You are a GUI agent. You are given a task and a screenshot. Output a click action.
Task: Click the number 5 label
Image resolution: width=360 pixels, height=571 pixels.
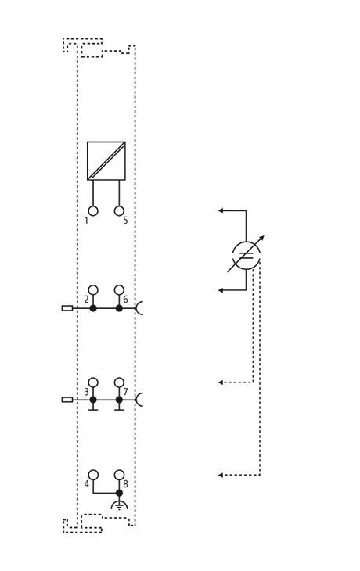coord(125,221)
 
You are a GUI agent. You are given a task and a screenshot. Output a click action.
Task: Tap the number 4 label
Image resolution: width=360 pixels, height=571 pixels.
coord(87,484)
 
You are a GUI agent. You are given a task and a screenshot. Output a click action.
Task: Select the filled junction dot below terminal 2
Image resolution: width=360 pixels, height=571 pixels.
coord(93,308)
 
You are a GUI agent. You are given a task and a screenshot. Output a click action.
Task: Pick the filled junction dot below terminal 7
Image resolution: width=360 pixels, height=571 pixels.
coord(119,400)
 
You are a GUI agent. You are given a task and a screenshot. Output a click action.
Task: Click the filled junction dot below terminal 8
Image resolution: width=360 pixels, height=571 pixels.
coord(119,493)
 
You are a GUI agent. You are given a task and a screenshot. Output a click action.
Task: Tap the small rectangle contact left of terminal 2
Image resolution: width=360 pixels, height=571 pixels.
coord(67,308)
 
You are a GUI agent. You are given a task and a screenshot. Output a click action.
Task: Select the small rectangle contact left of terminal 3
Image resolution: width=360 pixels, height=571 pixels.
coord(67,400)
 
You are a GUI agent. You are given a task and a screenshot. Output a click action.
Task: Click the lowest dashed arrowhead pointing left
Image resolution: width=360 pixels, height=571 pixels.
coord(221,476)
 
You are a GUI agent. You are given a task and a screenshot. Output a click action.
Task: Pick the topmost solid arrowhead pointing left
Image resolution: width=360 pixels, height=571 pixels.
coord(221,210)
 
